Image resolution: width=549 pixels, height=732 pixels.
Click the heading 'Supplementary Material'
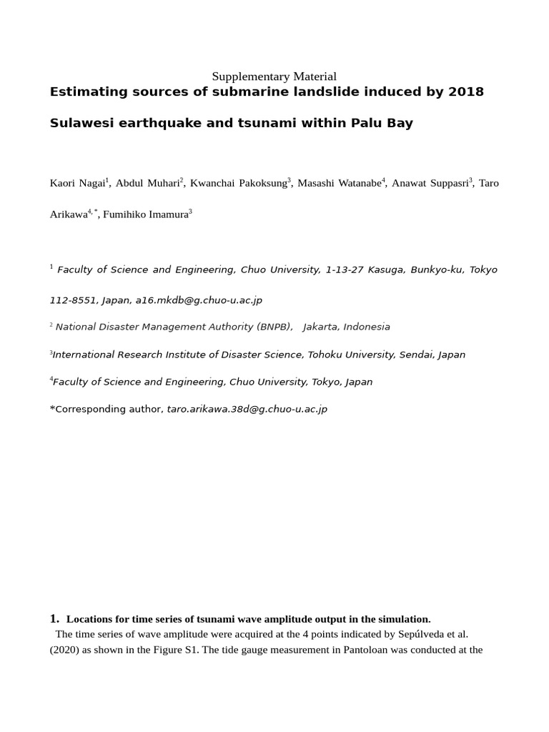(274, 76)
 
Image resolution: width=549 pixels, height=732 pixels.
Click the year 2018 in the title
(467, 91)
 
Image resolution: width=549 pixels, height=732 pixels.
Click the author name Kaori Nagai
(77, 184)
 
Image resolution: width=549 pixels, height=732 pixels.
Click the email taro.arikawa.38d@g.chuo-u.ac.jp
(247, 410)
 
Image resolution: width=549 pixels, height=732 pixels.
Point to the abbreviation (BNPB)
(274, 327)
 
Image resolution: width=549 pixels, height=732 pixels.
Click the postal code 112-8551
(74, 301)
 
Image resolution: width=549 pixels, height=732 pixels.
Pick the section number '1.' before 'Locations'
(55, 618)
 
